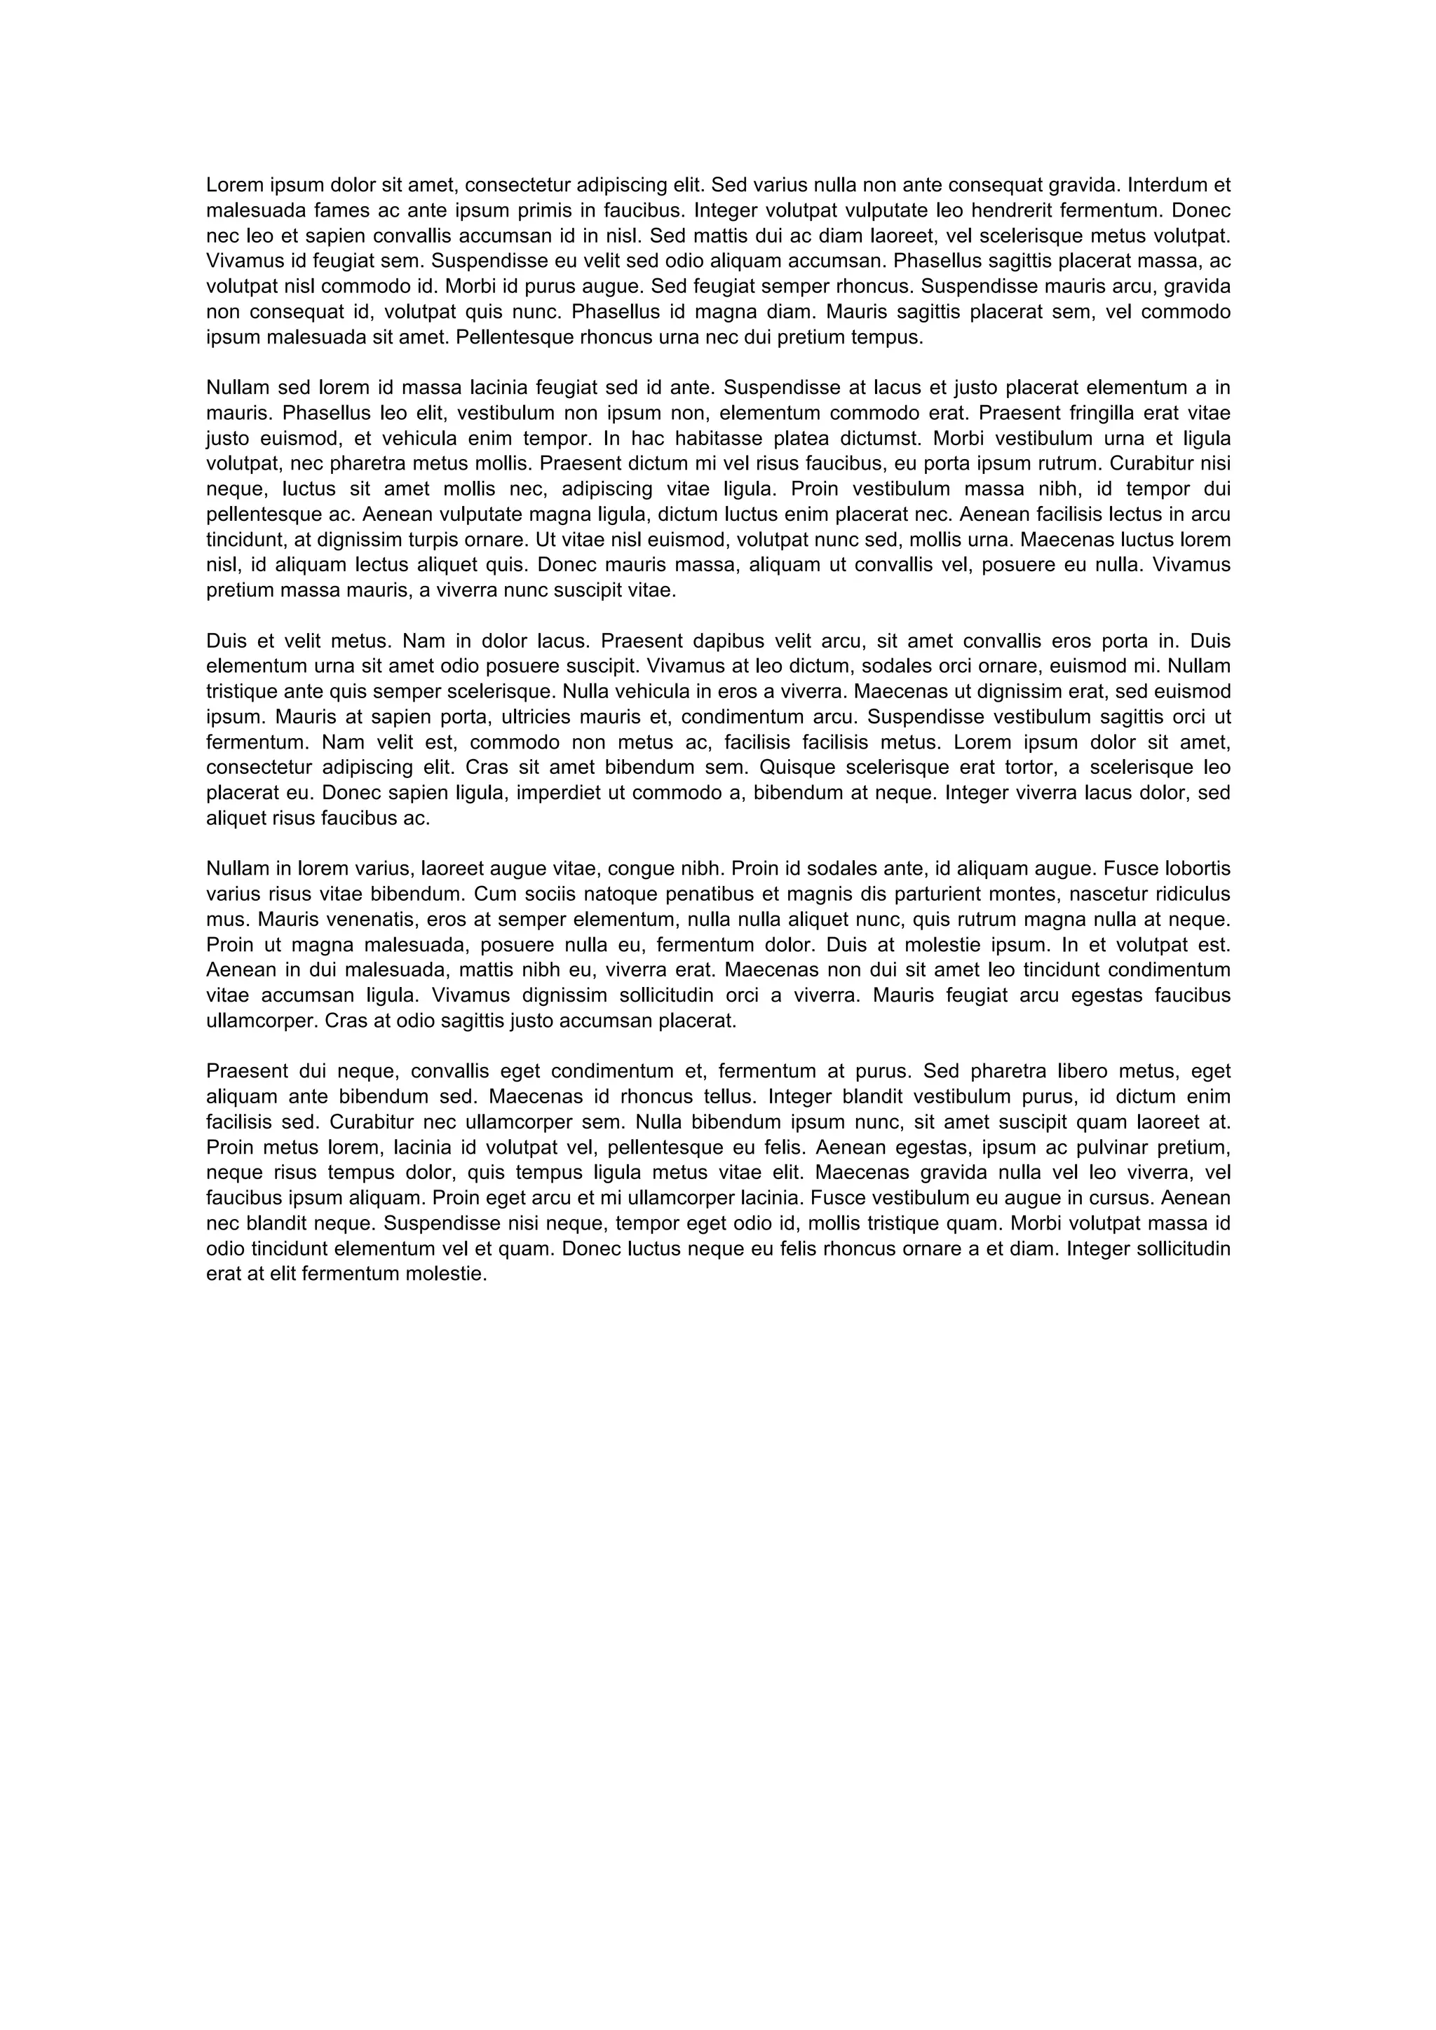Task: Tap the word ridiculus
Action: [1182, 894]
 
